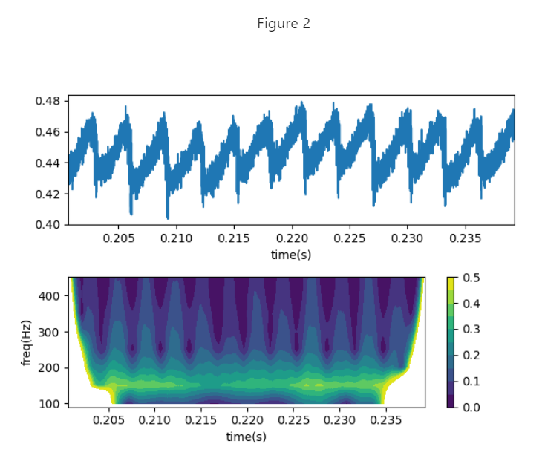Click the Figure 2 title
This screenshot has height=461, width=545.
coord(284,24)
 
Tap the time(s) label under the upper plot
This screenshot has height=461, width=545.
coord(291,255)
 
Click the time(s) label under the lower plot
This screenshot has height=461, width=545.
coord(246,437)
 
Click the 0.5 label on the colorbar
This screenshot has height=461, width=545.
coord(471,278)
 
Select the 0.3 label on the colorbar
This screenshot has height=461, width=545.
coord(471,330)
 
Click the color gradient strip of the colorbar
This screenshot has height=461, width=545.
coord(451,342)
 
